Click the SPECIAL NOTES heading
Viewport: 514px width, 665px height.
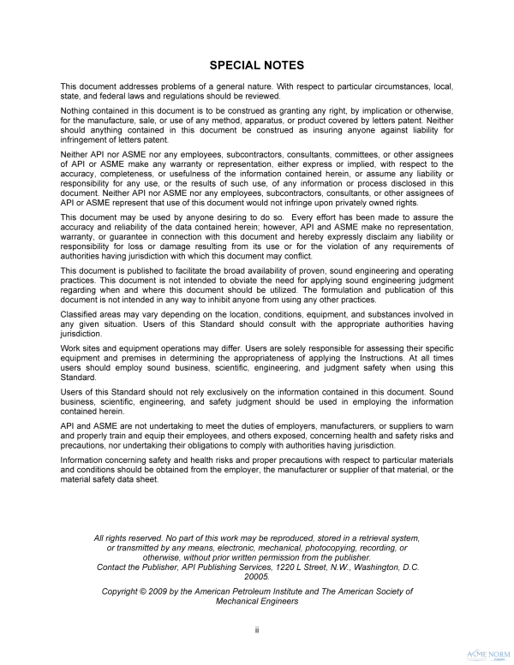point(257,65)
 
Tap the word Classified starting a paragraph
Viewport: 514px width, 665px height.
point(81,314)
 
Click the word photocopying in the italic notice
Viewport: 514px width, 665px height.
point(340,546)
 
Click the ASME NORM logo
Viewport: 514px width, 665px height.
point(487,651)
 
